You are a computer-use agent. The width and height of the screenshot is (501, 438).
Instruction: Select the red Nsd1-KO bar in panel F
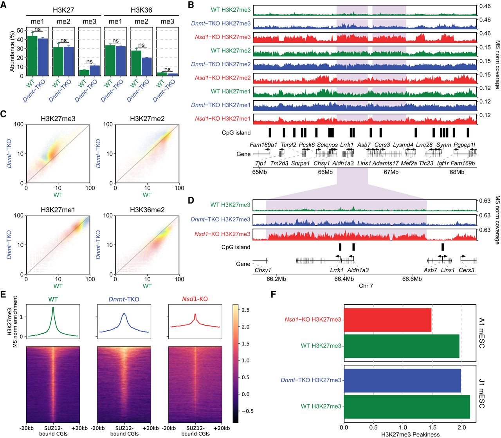[387, 320]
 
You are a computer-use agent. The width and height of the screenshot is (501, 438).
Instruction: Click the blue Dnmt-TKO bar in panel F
[402, 380]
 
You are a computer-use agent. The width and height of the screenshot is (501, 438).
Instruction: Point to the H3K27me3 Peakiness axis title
[410, 434]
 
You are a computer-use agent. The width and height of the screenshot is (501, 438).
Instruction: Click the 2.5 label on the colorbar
[244, 310]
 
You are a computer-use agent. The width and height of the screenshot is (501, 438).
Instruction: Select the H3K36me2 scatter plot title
[147, 210]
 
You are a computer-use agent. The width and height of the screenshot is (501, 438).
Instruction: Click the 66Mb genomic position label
[325, 172]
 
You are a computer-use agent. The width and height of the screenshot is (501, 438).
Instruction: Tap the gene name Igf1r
[443, 163]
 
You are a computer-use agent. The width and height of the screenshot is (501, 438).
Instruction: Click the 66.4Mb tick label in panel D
[344, 279]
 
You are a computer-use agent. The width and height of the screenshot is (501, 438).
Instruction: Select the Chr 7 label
[366, 286]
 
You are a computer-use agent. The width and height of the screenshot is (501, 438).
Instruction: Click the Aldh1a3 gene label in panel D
[358, 270]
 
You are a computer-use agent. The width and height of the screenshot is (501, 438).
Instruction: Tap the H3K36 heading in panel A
[141, 10]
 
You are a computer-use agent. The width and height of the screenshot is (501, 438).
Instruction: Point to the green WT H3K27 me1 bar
[32, 56]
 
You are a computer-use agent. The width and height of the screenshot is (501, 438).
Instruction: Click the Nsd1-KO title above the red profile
[195, 299]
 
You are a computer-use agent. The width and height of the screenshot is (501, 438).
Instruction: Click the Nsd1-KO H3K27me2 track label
[223, 78]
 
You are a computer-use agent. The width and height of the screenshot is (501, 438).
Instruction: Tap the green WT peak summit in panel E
[53, 308]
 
